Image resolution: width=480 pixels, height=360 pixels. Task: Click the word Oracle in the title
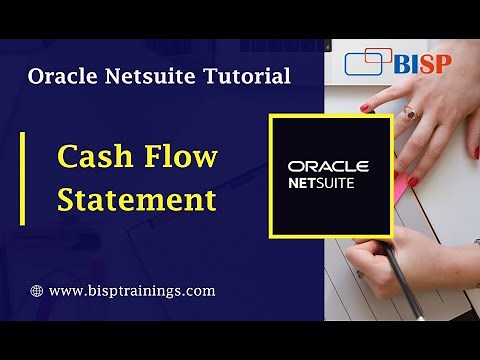click(58, 75)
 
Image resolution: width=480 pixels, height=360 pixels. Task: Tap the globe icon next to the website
click(37, 292)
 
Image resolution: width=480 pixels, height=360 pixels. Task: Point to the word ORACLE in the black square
click(328, 166)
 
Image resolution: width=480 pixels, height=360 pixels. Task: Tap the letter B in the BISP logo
click(403, 62)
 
